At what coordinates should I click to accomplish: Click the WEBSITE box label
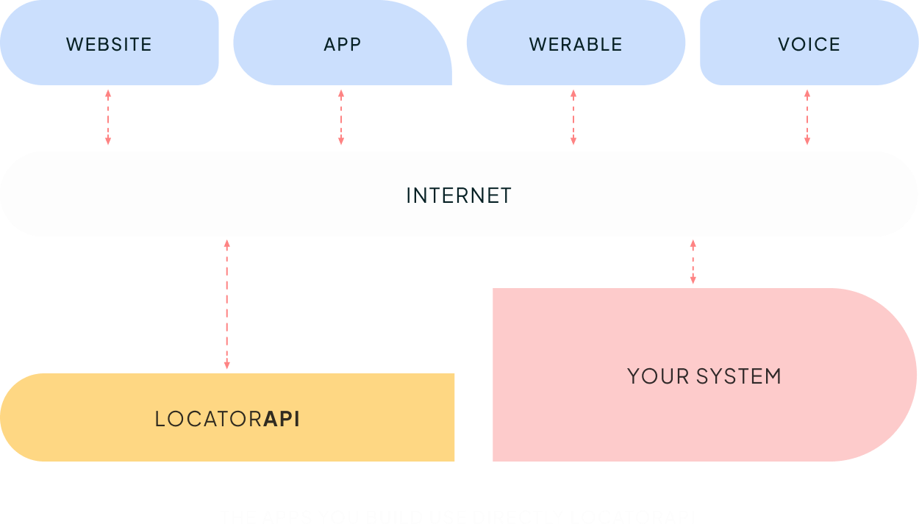tap(109, 45)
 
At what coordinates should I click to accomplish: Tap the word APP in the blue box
tap(343, 45)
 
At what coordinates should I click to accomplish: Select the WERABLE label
tap(576, 45)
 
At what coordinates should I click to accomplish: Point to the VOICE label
tap(809, 45)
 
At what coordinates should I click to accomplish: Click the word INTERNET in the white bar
tap(459, 195)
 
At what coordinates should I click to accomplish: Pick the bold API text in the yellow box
tap(282, 420)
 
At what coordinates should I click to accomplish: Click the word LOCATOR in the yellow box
tap(209, 420)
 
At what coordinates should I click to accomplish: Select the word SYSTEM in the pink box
tap(738, 376)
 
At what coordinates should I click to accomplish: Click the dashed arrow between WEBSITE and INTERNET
tap(108, 118)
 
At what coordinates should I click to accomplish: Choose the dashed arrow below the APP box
tap(341, 118)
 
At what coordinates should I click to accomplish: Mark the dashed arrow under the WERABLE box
tap(573, 118)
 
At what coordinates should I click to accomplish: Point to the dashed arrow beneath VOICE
tap(807, 118)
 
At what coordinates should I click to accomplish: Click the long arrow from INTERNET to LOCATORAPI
tap(226, 304)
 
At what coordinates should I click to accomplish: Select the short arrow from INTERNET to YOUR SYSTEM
tap(693, 262)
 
